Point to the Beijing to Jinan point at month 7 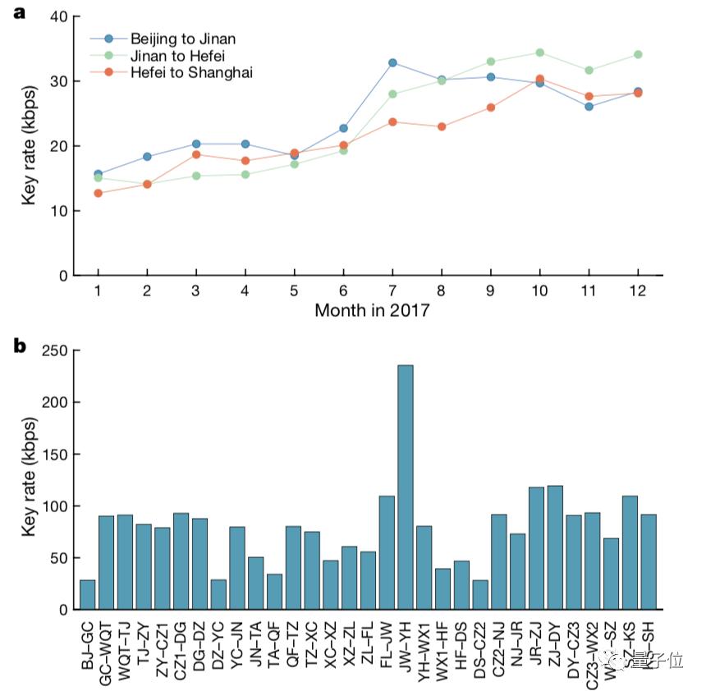[392, 63]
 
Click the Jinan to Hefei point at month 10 [539, 53]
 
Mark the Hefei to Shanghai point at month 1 [99, 194]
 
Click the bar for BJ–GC [88, 594]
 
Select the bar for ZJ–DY [555, 547]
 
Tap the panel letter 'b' [19, 345]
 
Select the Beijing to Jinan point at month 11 [589, 106]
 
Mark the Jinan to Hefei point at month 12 [637, 55]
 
